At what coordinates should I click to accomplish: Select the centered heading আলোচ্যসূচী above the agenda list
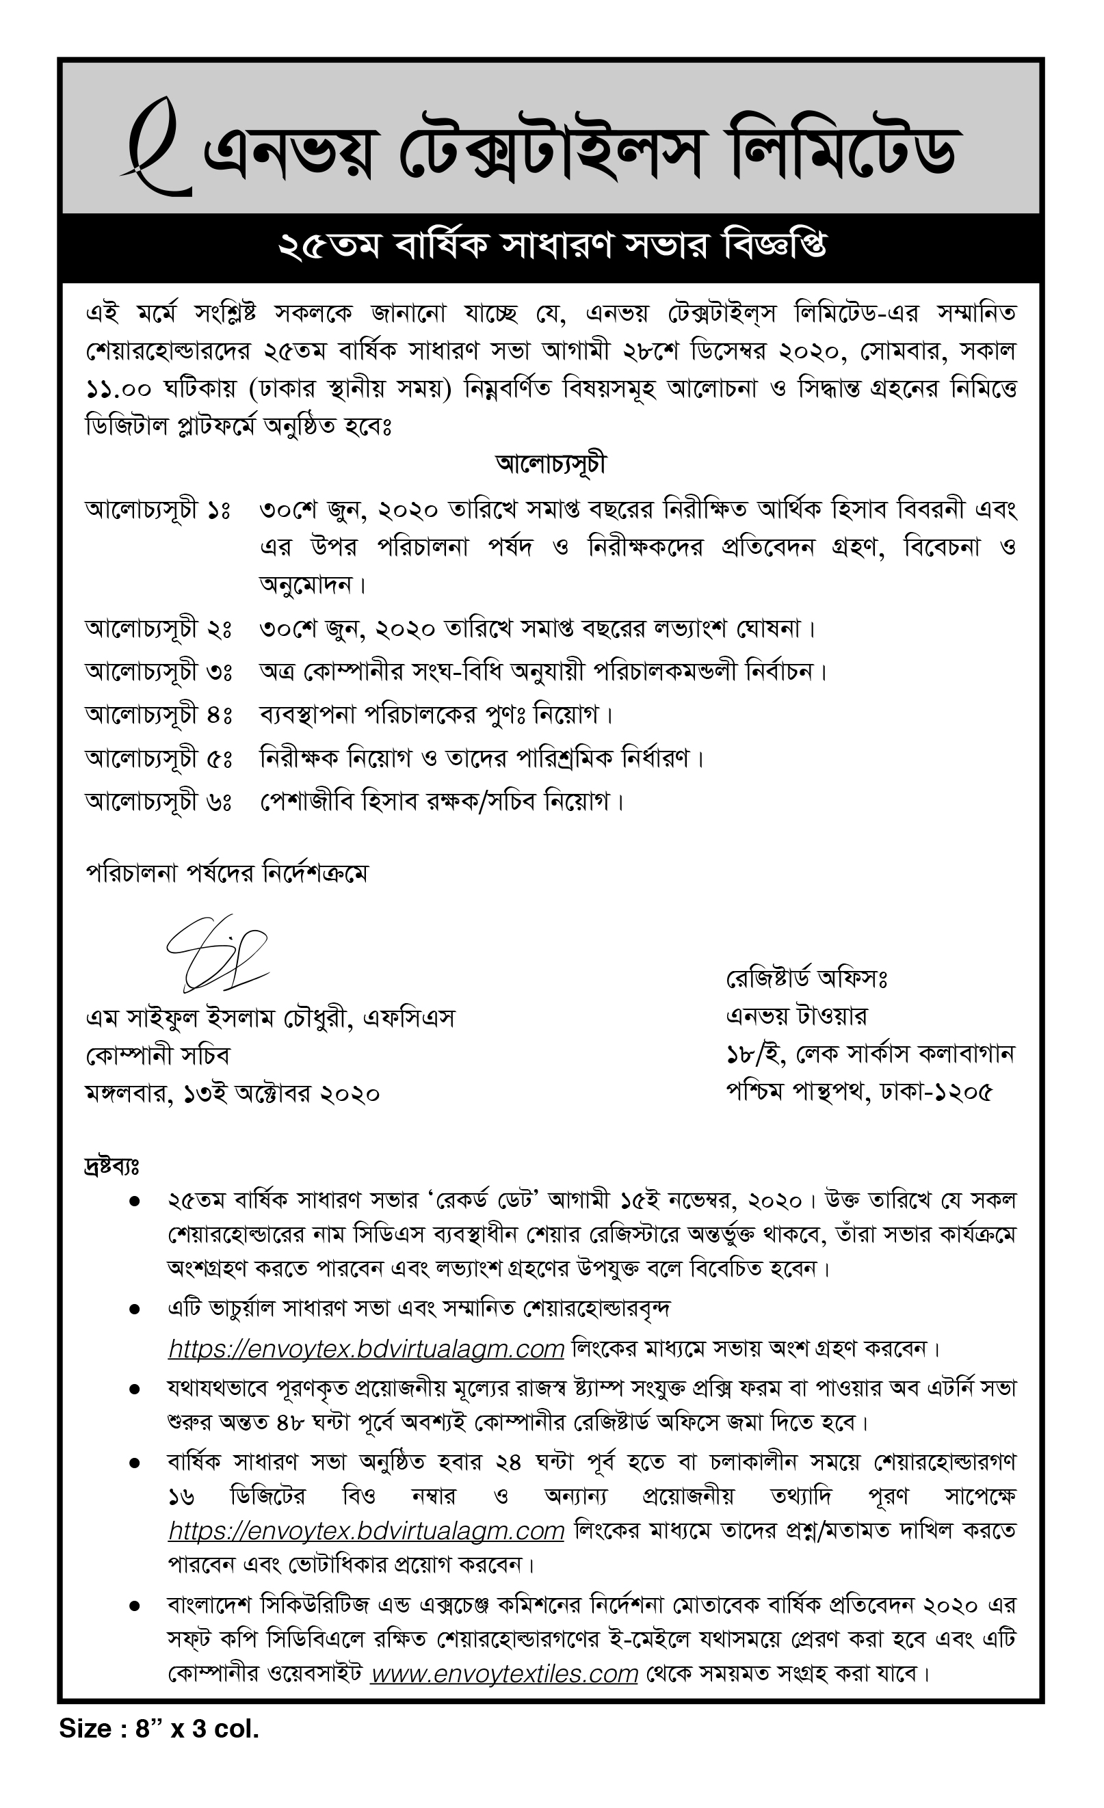click(551, 464)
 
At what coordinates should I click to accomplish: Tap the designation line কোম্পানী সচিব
click(158, 1056)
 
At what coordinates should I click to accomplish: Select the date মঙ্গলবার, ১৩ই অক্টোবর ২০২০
click(232, 1094)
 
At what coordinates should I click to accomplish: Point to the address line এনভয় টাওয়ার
click(796, 1016)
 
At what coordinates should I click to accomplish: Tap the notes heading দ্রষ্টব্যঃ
click(111, 1166)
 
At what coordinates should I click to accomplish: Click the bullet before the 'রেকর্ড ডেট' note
click(134, 1201)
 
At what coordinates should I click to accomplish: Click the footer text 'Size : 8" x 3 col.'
click(159, 1729)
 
